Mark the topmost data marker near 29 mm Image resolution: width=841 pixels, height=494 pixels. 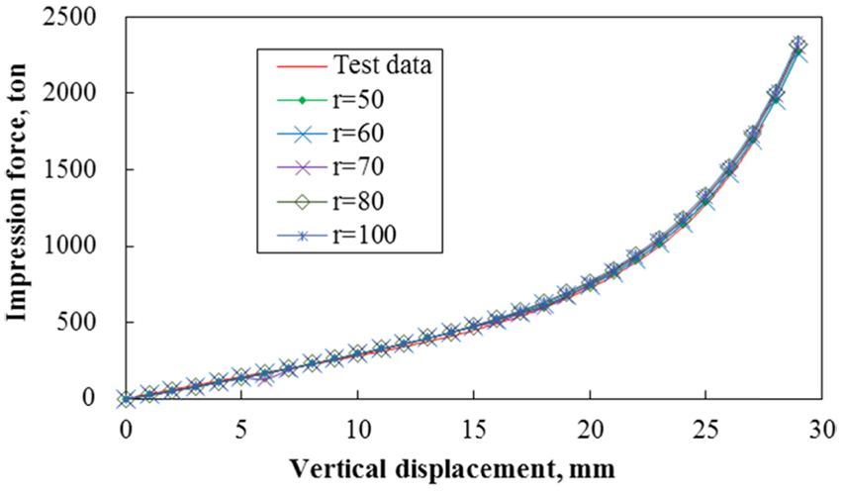click(798, 45)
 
